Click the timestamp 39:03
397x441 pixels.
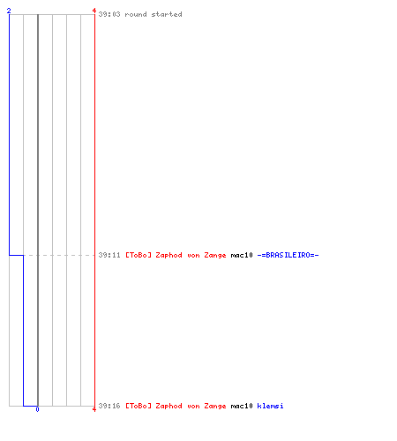pos(109,14)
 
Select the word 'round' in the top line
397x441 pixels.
pos(136,14)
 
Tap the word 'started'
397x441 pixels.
pos(167,14)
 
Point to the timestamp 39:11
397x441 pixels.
pos(109,255)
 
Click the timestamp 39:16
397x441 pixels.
pos(109,406)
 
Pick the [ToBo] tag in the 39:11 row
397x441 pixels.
pos(139,255)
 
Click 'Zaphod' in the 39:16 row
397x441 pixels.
pos(169,407)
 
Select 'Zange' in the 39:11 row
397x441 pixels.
pos(215,256)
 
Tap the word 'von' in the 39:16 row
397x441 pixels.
pos(193,407)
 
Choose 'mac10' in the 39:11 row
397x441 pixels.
pos(242,255)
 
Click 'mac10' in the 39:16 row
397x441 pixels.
pos(242,406)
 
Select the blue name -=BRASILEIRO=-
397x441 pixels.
pos(288,255)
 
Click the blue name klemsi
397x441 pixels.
pos(270,406)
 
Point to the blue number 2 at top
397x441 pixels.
pos(9,11)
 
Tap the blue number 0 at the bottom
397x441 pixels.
pos(37,409)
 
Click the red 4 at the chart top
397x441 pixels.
pos(94,11)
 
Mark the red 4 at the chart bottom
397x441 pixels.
pos(94,409)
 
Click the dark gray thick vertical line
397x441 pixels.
pos(38,210)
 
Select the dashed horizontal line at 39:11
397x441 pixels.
pos(59,255)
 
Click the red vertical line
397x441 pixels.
pos(94,210)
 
